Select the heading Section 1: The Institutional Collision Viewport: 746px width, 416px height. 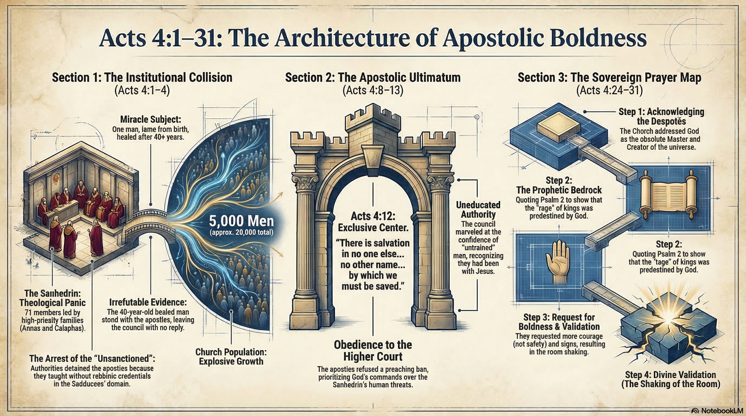pos(142,78)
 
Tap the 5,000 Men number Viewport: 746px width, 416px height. pos(241,221)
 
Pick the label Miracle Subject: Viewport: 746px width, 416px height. pos(151,120)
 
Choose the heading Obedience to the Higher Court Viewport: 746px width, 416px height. pos(373,351)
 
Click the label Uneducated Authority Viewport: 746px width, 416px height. pos(478,210)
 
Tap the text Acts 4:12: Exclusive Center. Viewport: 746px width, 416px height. pos(373,222)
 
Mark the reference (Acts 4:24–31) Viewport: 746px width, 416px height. pos(609,90)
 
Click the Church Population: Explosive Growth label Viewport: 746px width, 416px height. pos(231,357)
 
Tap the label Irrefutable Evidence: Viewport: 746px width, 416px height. pos(148,302)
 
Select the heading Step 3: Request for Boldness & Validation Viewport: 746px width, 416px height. pos(559,322)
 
